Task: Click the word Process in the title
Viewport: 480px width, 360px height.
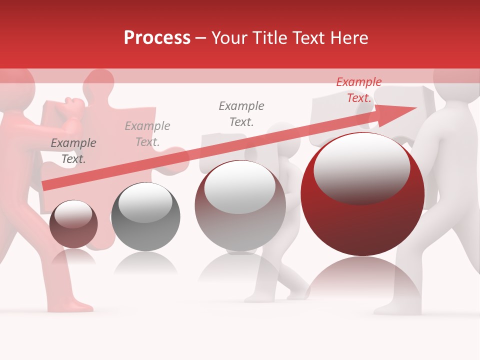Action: (x=157, y=38)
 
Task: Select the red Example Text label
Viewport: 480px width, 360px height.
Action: (x=358, y=90)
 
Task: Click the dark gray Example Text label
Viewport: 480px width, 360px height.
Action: (x=73, y=151)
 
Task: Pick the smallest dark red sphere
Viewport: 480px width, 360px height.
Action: (x=73, y=224)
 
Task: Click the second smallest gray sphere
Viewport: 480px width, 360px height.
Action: (x=145, y=216)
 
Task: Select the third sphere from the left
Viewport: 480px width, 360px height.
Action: (x=240, y=205)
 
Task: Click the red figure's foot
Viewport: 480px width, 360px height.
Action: (x=75, y=305)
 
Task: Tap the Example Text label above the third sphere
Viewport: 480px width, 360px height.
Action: (x=241, y=114)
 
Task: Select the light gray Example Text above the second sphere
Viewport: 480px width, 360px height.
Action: (x=147, y=134)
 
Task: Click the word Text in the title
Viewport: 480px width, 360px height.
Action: (x=313, y=38)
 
